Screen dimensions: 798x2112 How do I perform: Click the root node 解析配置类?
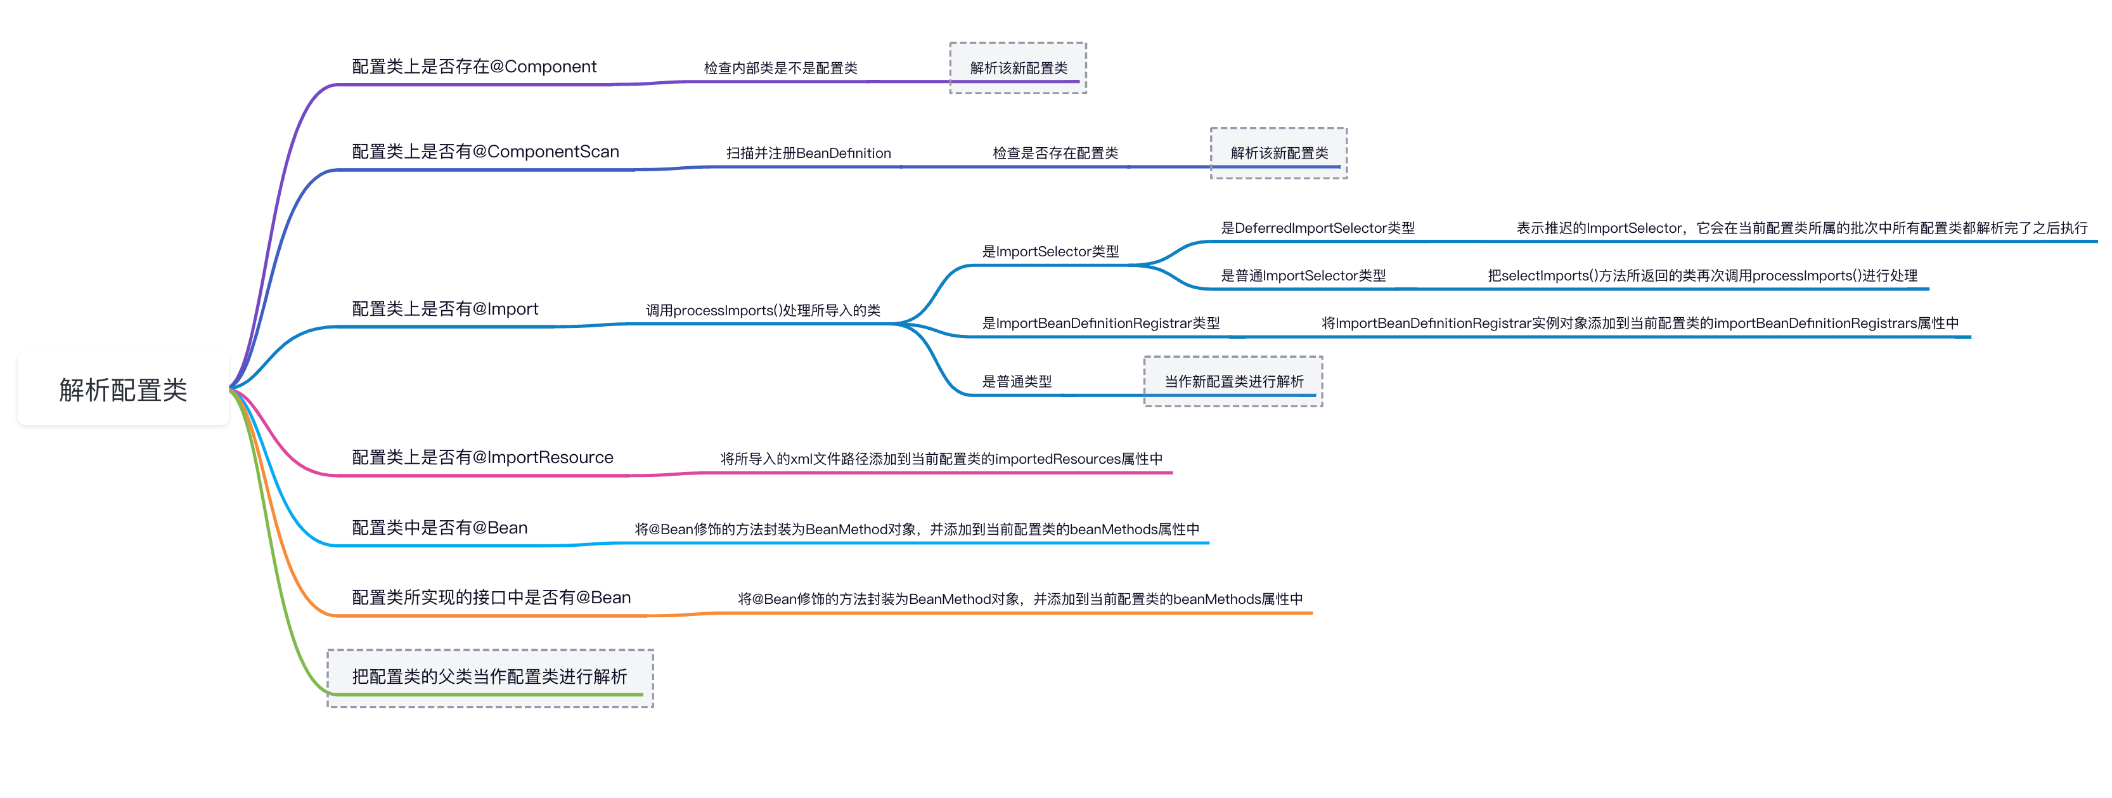[123, 389]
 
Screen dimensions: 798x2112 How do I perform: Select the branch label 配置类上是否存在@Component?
[474, 67]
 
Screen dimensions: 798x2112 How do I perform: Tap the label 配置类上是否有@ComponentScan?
[486, 152]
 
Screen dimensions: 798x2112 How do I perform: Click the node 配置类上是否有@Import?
[445, 309]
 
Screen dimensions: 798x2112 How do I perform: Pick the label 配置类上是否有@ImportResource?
[482, 457]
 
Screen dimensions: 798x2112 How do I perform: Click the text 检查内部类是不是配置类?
[780, 68]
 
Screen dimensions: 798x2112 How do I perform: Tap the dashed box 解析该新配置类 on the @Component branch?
[1018, 68]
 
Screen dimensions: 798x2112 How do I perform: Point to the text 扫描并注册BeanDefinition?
[808, 154]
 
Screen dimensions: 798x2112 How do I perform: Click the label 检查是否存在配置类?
[1055, 154]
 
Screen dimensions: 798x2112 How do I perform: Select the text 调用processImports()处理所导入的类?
[763, 311]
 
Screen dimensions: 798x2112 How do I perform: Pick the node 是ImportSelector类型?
[1050, 252]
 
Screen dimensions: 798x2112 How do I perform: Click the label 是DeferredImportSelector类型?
[1318, 228]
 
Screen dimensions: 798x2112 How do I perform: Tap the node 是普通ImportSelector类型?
[1303, 275]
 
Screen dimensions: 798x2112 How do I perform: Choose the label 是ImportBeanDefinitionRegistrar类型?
[1100, 323]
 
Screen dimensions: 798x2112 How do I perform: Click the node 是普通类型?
[1017, 381]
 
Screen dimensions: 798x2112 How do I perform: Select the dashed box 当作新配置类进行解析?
[1233, 381]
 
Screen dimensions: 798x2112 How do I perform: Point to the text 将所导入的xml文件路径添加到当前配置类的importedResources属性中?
[941, 459]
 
